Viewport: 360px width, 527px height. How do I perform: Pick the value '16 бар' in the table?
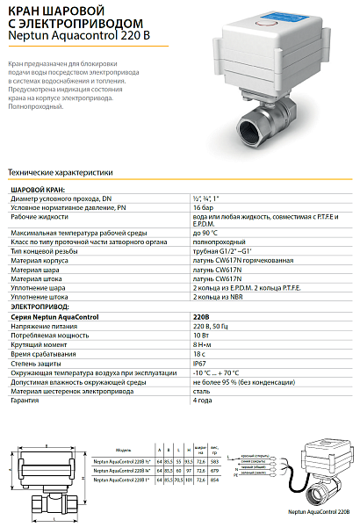click(x=203, y=207)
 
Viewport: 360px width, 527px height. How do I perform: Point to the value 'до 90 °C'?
click(x=206, y=232)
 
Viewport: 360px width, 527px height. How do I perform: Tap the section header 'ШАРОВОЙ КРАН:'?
click(x=36, y=190)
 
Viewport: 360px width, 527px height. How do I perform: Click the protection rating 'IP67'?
click(x=200, y=360)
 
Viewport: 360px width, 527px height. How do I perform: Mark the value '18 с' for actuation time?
click(x=199, y=351)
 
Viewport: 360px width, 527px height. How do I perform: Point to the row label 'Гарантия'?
click(x=25, y=401)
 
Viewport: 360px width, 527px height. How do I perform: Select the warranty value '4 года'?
click(x=204, y=401)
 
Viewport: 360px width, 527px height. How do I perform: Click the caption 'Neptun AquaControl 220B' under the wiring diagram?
click(x=312, y=510)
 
